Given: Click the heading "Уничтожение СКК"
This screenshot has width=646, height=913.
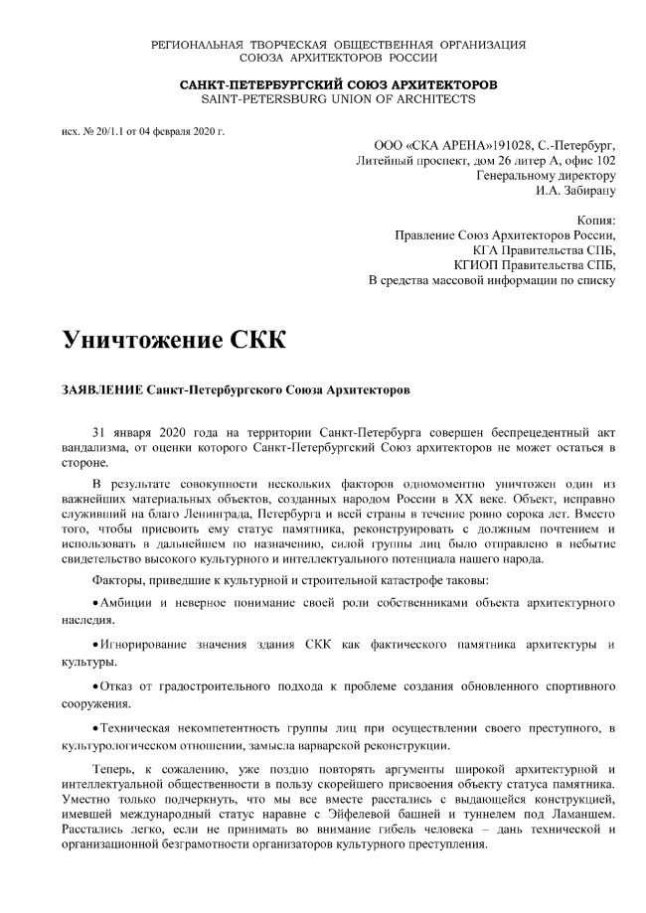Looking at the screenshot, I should coord(173,339).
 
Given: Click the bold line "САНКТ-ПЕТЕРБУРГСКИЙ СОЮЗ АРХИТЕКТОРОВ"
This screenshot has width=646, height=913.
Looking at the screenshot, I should coord(338,84).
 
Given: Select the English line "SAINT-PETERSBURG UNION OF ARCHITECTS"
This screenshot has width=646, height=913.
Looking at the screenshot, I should coord(338,99).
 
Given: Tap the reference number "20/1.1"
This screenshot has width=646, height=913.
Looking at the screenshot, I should coord(107,131).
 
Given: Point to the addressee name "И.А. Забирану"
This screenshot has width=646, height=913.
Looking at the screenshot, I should coord(575,189).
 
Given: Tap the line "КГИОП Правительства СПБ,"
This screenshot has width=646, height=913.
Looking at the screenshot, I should coord(535,264).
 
